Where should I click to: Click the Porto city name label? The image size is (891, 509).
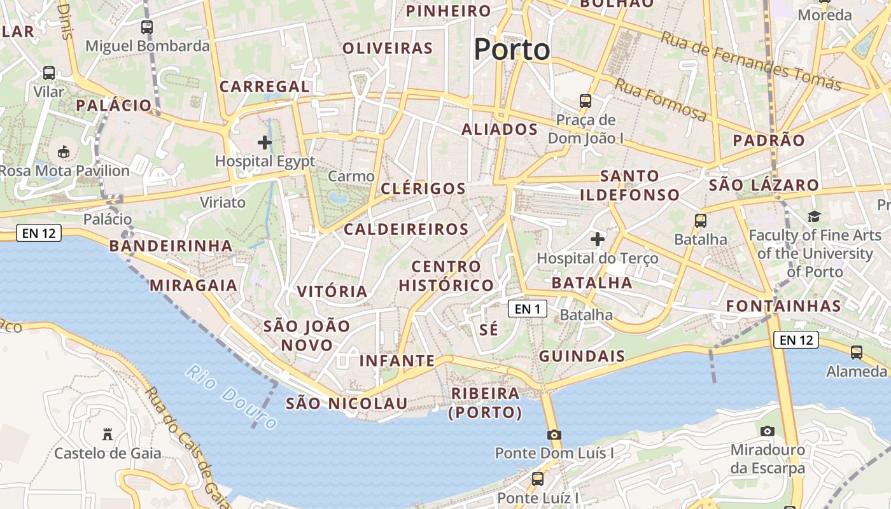tap(512, 50)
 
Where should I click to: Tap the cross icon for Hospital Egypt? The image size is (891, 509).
tap(265, 143)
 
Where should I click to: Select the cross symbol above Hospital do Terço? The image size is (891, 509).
tap(597, 239)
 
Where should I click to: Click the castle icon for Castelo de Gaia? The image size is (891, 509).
tap(108, 435)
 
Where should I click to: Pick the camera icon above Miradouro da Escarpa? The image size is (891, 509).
tap(768, 431)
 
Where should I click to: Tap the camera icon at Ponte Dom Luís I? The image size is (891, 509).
tap(554, 435)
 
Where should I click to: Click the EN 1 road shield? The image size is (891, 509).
tap(528, 309)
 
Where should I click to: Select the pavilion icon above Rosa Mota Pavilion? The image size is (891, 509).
tap(64, 152)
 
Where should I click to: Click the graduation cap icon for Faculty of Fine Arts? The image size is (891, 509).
tap(814, 217)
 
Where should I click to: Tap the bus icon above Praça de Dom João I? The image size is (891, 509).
tap(585, 101)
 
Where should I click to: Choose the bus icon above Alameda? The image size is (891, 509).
tap(857, 352)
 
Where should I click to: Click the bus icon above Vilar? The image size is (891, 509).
tap(49, 73)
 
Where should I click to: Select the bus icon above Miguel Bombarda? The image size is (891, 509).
tap(147, 27)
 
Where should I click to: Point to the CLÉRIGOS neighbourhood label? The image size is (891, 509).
tap(423, 189)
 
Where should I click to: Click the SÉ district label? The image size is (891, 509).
tap(489, 330)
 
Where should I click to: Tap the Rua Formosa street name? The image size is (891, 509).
tap(661, 99)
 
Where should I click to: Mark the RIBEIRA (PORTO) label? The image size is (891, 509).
tap(486, 403)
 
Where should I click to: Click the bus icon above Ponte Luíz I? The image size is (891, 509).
tap(538, 478)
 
